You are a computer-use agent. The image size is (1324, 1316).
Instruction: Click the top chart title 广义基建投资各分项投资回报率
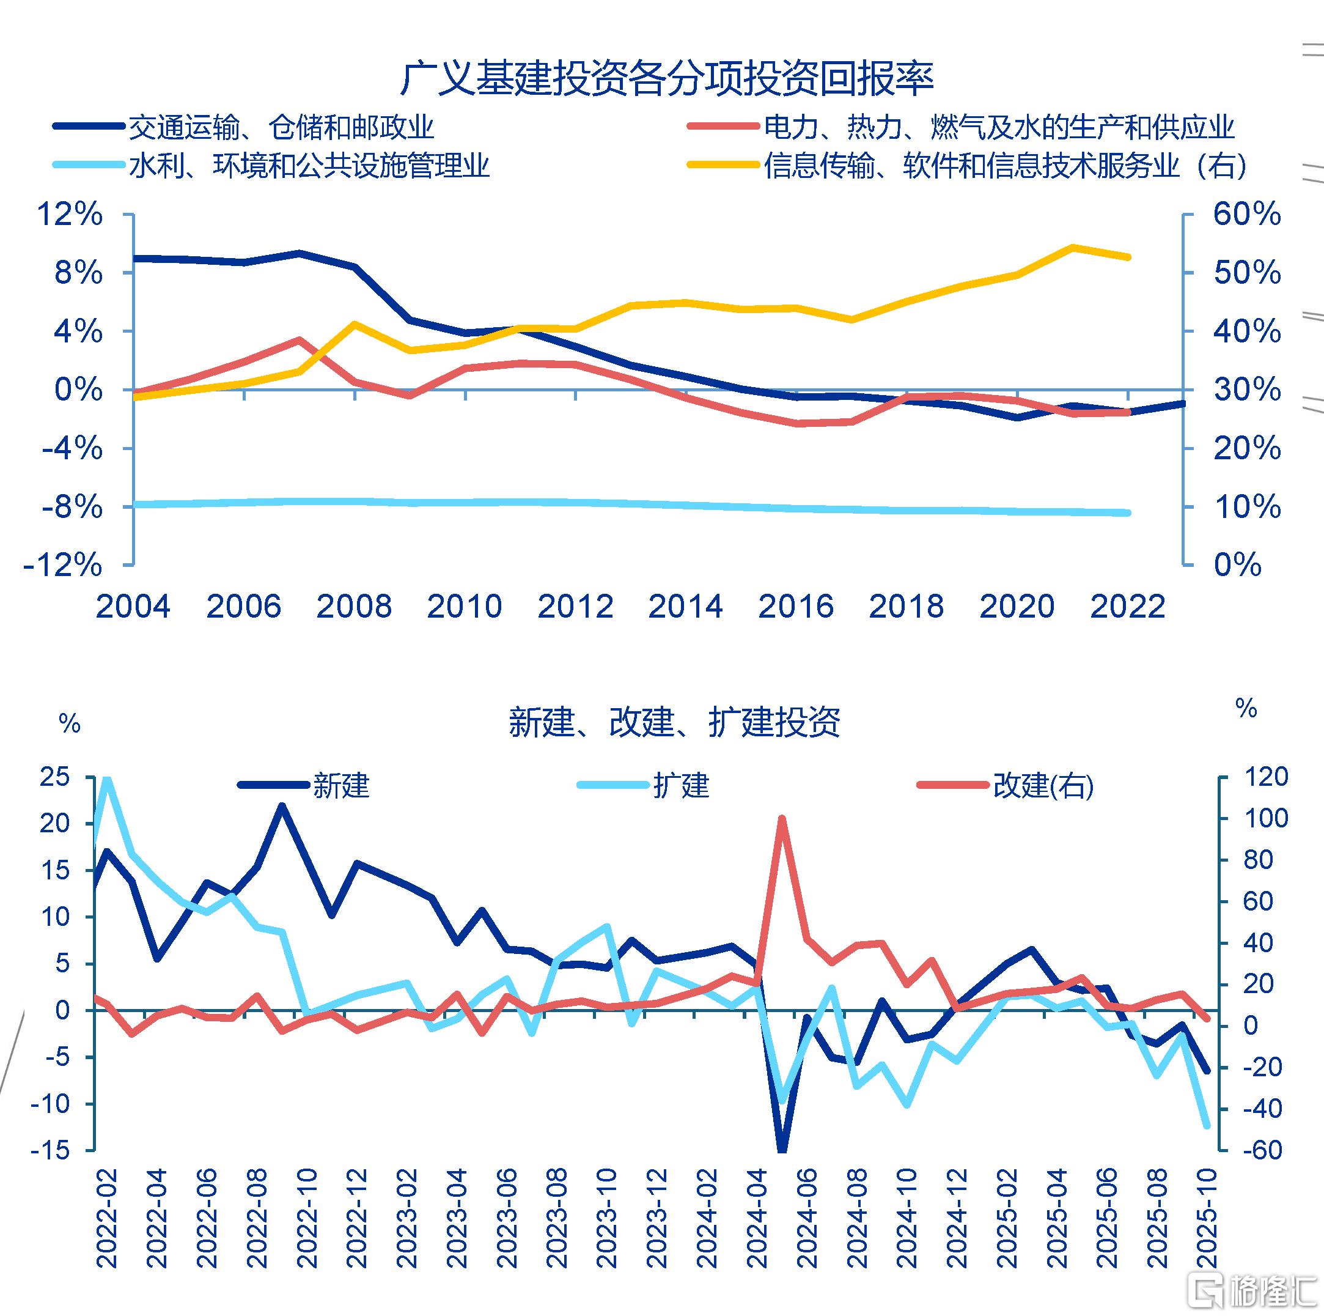coord(666,78)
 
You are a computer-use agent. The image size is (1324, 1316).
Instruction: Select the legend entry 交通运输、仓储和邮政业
coord(281,127)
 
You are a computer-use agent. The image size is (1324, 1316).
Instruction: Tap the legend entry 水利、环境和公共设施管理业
coord(309,165)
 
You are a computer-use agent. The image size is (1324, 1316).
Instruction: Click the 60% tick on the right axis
coord(1246,215)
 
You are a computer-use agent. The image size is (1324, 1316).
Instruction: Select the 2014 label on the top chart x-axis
coord(685,607)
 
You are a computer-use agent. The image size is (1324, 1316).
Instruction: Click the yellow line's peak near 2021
coord(1073,247)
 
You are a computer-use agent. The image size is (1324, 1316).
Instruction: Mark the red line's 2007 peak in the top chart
coord(300,339)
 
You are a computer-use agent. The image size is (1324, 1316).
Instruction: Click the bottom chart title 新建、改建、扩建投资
coord(674,722)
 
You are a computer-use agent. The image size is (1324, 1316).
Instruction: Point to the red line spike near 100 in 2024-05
coord(782,818)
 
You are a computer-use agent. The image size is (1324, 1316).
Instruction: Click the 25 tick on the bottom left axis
coord(56,777)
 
